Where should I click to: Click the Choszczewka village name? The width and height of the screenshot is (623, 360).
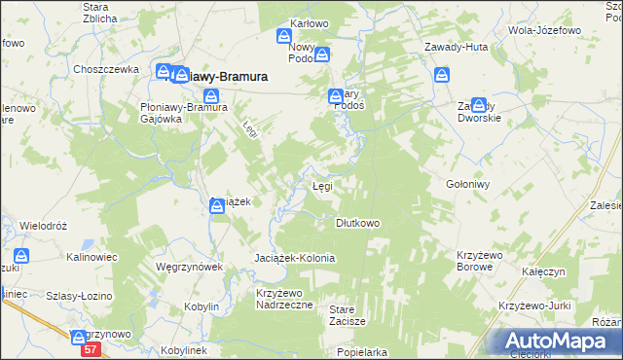tap(102, 69)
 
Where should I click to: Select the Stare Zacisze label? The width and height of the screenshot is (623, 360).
tap(347, 314)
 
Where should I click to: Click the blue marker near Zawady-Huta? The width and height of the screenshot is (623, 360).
tap(443, 74)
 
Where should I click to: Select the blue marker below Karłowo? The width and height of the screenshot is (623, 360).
tap(283, 36)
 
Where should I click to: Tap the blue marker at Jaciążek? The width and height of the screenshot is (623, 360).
tap(217, 204)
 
